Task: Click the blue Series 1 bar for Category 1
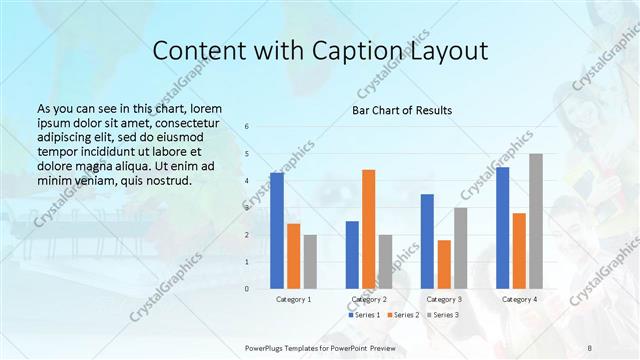pos(277,231)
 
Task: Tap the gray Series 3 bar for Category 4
pos(536,221)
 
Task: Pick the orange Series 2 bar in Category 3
pos(444,264)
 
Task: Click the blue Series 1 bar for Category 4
pos(502,228)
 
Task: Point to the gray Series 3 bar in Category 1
pos(310,262)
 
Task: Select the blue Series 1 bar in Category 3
pos(427,241)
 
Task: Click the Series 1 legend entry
pos(364,315)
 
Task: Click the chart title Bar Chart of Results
pos(402,110)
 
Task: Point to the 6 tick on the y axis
pos(247,126)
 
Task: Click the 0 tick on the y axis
pos(247,289)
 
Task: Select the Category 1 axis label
pos(294,299)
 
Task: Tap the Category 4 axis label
pos(519,299)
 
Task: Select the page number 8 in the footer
pos(590,347)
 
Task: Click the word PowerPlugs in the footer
pos(268,347)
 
